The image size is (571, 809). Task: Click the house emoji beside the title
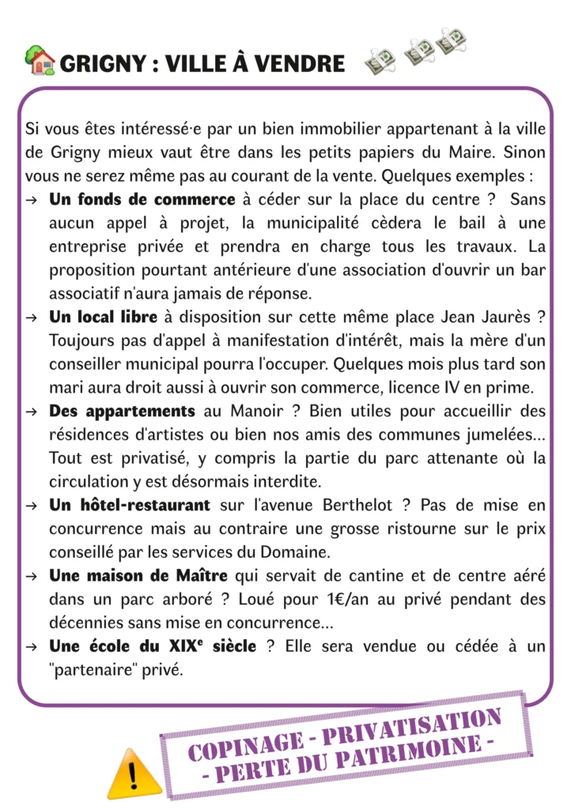tap(40, 61)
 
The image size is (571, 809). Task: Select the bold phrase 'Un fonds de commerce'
tap(142, 199)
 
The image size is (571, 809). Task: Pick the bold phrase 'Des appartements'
tap(122, 412)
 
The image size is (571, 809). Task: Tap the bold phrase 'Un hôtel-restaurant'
tap(130, 506)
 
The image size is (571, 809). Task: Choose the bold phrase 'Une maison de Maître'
tap(138, 577)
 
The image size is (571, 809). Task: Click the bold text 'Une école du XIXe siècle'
tap(153, 647)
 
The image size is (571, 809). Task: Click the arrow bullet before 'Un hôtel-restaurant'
tap(32, 506)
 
